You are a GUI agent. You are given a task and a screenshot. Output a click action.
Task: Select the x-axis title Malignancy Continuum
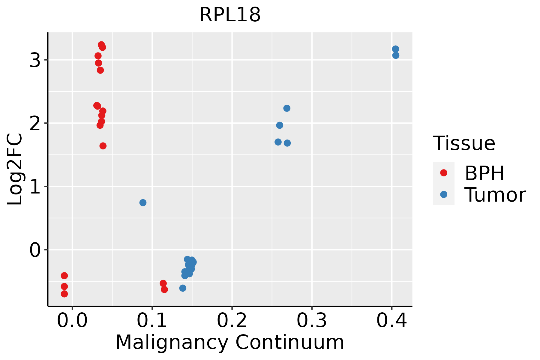pyautogui.click(x=230, y=342)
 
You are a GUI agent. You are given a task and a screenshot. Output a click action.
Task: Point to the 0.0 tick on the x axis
pyautogui.click(x=72, y=321)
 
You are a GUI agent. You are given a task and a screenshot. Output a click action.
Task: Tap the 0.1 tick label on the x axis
pyautogui.click(x=152, y=321)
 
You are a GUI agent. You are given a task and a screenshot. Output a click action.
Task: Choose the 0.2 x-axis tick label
pyautogui.click(x=232, y=321)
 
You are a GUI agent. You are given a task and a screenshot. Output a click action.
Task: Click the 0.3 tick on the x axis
pyautogui.click(x=312, y=321)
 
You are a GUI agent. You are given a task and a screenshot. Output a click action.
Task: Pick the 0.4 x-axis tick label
pyautogui.click(x=391, y=321)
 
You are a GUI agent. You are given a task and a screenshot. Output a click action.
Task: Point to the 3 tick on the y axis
pyautogui.click(x=35, y=60)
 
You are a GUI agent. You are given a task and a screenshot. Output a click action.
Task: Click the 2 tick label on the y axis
pyautogui.click(x=35, y=124)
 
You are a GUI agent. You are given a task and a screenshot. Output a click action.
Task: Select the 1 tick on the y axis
pyautogui.click(x=35, y=187)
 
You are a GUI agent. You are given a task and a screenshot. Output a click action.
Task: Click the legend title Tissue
pyautogui.click(x=464, y=143)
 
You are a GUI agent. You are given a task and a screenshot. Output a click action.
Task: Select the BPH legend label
pyautogui.click(x=484, y=173)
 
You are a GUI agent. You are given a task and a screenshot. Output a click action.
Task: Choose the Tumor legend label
pyautogui.click(x=495, y=195)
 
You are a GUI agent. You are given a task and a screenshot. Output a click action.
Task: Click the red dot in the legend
pyautogui.click(x=444, y=173)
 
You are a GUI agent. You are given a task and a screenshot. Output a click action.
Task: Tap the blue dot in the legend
pyautogui.click(x=444, y=195)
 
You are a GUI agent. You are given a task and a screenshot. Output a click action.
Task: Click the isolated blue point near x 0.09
pyautogui.click(x=143, y=203)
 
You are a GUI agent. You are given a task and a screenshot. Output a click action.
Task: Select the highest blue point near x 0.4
pyautogui.click(x=395, y=49)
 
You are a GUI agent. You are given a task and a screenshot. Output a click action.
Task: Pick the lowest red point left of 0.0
pyautogui.click(x=64, y=294)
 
